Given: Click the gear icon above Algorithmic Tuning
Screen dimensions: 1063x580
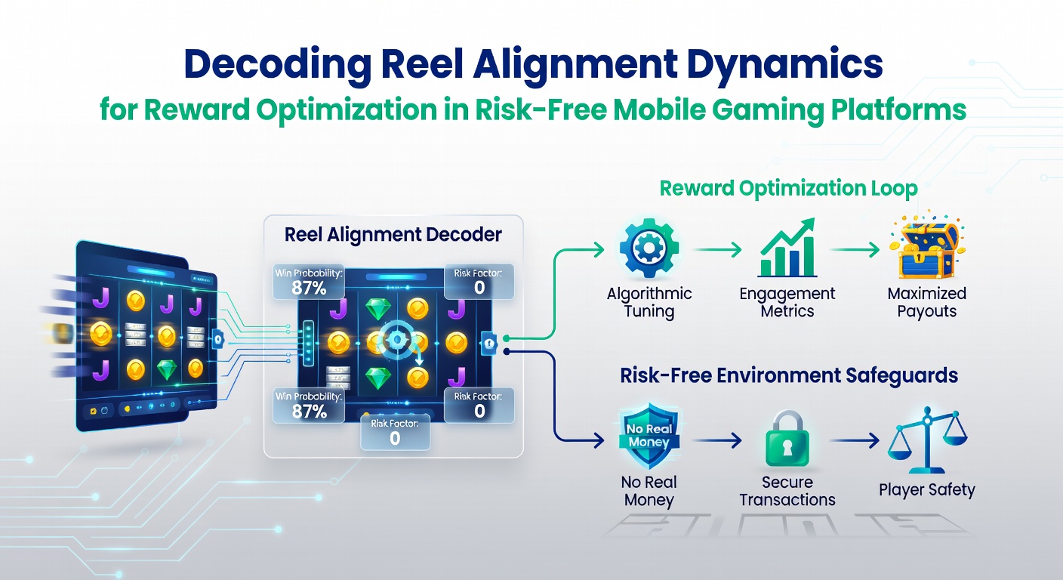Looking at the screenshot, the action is tap(649, 248).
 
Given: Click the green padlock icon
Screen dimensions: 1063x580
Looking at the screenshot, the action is tap(787, 439).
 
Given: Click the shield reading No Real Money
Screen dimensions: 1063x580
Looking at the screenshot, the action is tap(649, 436).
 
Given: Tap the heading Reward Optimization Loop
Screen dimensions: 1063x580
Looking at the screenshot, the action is tap(788, 188).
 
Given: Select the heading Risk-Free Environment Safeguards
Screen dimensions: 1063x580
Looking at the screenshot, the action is tap(789, 375).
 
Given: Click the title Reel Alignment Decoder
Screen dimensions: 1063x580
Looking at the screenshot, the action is tap(393, 234).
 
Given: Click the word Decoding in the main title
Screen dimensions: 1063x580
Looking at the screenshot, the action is tap(278, 65).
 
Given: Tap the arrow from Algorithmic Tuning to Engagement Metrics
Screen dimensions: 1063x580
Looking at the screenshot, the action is tap(717, 249).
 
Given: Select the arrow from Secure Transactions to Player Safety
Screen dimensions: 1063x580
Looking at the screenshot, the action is tap(855, 440).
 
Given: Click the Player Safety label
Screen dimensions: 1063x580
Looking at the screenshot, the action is tap(926, 490).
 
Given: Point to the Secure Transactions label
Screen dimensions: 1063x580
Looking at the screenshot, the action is tap(787, 491).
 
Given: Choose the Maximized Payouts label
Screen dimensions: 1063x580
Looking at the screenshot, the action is tap(927, 302).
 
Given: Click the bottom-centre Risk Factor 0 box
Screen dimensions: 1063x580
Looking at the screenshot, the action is tap(395, 433).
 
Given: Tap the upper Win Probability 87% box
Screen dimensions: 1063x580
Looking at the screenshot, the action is tap(309, 282).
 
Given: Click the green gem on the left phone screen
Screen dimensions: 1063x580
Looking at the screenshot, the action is tap(167, 370).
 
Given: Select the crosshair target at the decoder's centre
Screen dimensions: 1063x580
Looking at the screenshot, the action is tap(396, 339).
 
